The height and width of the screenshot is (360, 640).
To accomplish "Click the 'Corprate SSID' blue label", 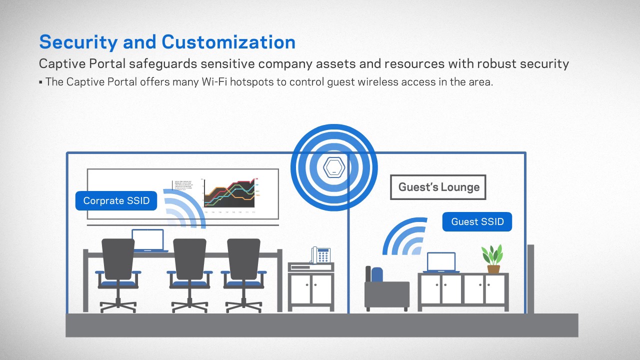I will (116, 200).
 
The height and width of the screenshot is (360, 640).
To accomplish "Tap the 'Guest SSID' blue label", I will (477, 221).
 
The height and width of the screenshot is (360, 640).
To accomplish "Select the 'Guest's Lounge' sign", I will (438, 187).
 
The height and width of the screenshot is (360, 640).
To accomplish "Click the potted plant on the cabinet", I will (493, 258).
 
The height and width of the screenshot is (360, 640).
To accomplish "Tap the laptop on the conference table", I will (148, 240).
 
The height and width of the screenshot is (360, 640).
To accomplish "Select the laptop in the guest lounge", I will (441, 262).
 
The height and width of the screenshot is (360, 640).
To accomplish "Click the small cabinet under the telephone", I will (310, 287).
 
